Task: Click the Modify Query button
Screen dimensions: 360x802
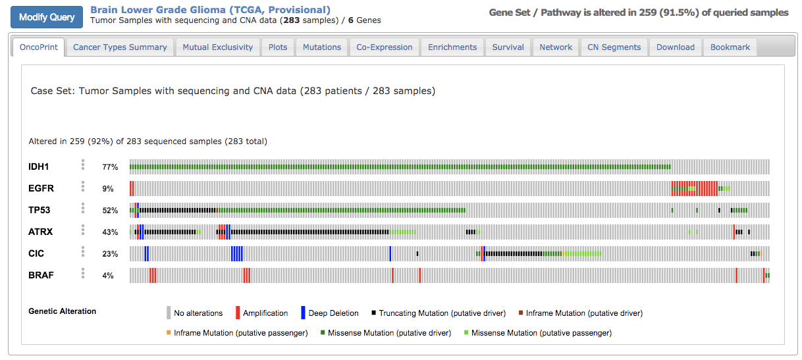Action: [x=47, y=17]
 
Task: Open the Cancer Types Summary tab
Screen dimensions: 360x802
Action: [x=120, y=47]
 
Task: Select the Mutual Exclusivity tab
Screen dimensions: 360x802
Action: [x=217, y=47]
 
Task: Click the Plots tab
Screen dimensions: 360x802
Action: [x=278, y=47]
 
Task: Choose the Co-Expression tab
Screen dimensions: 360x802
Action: [x=385, y=47]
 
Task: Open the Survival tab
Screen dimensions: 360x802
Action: [x=508, y=47]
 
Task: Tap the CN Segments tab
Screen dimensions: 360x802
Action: [x=614, y=47]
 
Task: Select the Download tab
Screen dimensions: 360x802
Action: [x=675, y=47]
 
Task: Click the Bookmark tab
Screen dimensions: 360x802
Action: [x=730, y=47]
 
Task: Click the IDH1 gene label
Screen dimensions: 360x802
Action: [x=40, y=167]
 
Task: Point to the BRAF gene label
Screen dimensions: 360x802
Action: [x=41, y=275]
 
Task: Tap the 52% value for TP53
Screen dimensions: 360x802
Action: [x=110, y=211]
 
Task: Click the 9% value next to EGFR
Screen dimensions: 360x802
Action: [x=108, y=189]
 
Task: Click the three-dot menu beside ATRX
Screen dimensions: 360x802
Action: [x=83, y=230]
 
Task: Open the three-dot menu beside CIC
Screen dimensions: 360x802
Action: [x=83, y=251]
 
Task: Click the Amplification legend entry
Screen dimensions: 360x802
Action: [x=265, y=313]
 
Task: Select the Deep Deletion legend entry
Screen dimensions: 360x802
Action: [x=333, y=313]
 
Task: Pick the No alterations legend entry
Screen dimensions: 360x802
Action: [x=198, y=313]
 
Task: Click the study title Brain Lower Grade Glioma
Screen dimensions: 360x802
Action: [x=210, y=10]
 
